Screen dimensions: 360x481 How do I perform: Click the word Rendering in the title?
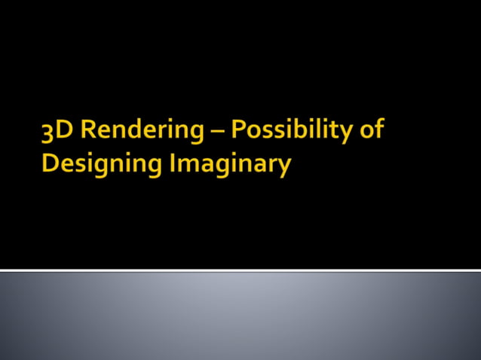click(x=142, y=131)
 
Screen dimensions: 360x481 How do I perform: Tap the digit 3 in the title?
click(x=48, y=132)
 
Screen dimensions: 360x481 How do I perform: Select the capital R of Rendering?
click(x=87, y=130)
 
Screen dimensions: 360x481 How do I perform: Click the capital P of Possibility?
click(x=238, y=130)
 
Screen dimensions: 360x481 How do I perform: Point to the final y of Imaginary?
click(x=283, y=167)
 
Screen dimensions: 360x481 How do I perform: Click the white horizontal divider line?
click(x=240, y=270)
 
